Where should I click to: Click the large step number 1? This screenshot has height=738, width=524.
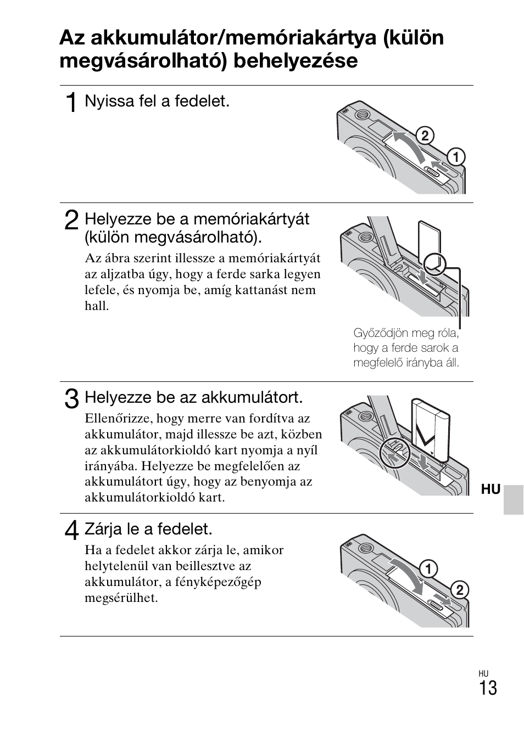pos(71,103)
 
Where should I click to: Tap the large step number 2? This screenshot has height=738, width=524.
pos(71,221)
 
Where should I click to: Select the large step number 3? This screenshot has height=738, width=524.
pos(71,398)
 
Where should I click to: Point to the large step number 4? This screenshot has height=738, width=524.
pos(71,531)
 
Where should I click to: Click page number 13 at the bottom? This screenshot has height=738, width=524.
pos(487,688)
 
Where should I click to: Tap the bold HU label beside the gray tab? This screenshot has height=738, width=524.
pos(490,489)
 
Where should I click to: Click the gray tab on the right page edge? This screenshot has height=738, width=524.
pos(513,499)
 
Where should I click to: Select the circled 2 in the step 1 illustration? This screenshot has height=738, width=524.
pos(424,136)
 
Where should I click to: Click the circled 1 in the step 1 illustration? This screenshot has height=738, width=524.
pos(455,157)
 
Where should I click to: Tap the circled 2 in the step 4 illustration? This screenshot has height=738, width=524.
pos(459,590)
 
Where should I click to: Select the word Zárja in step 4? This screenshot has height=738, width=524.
pos(102,529)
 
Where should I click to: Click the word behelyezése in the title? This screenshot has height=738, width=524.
pos(296,60)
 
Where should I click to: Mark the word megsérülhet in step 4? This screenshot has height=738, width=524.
pos(121,598)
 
